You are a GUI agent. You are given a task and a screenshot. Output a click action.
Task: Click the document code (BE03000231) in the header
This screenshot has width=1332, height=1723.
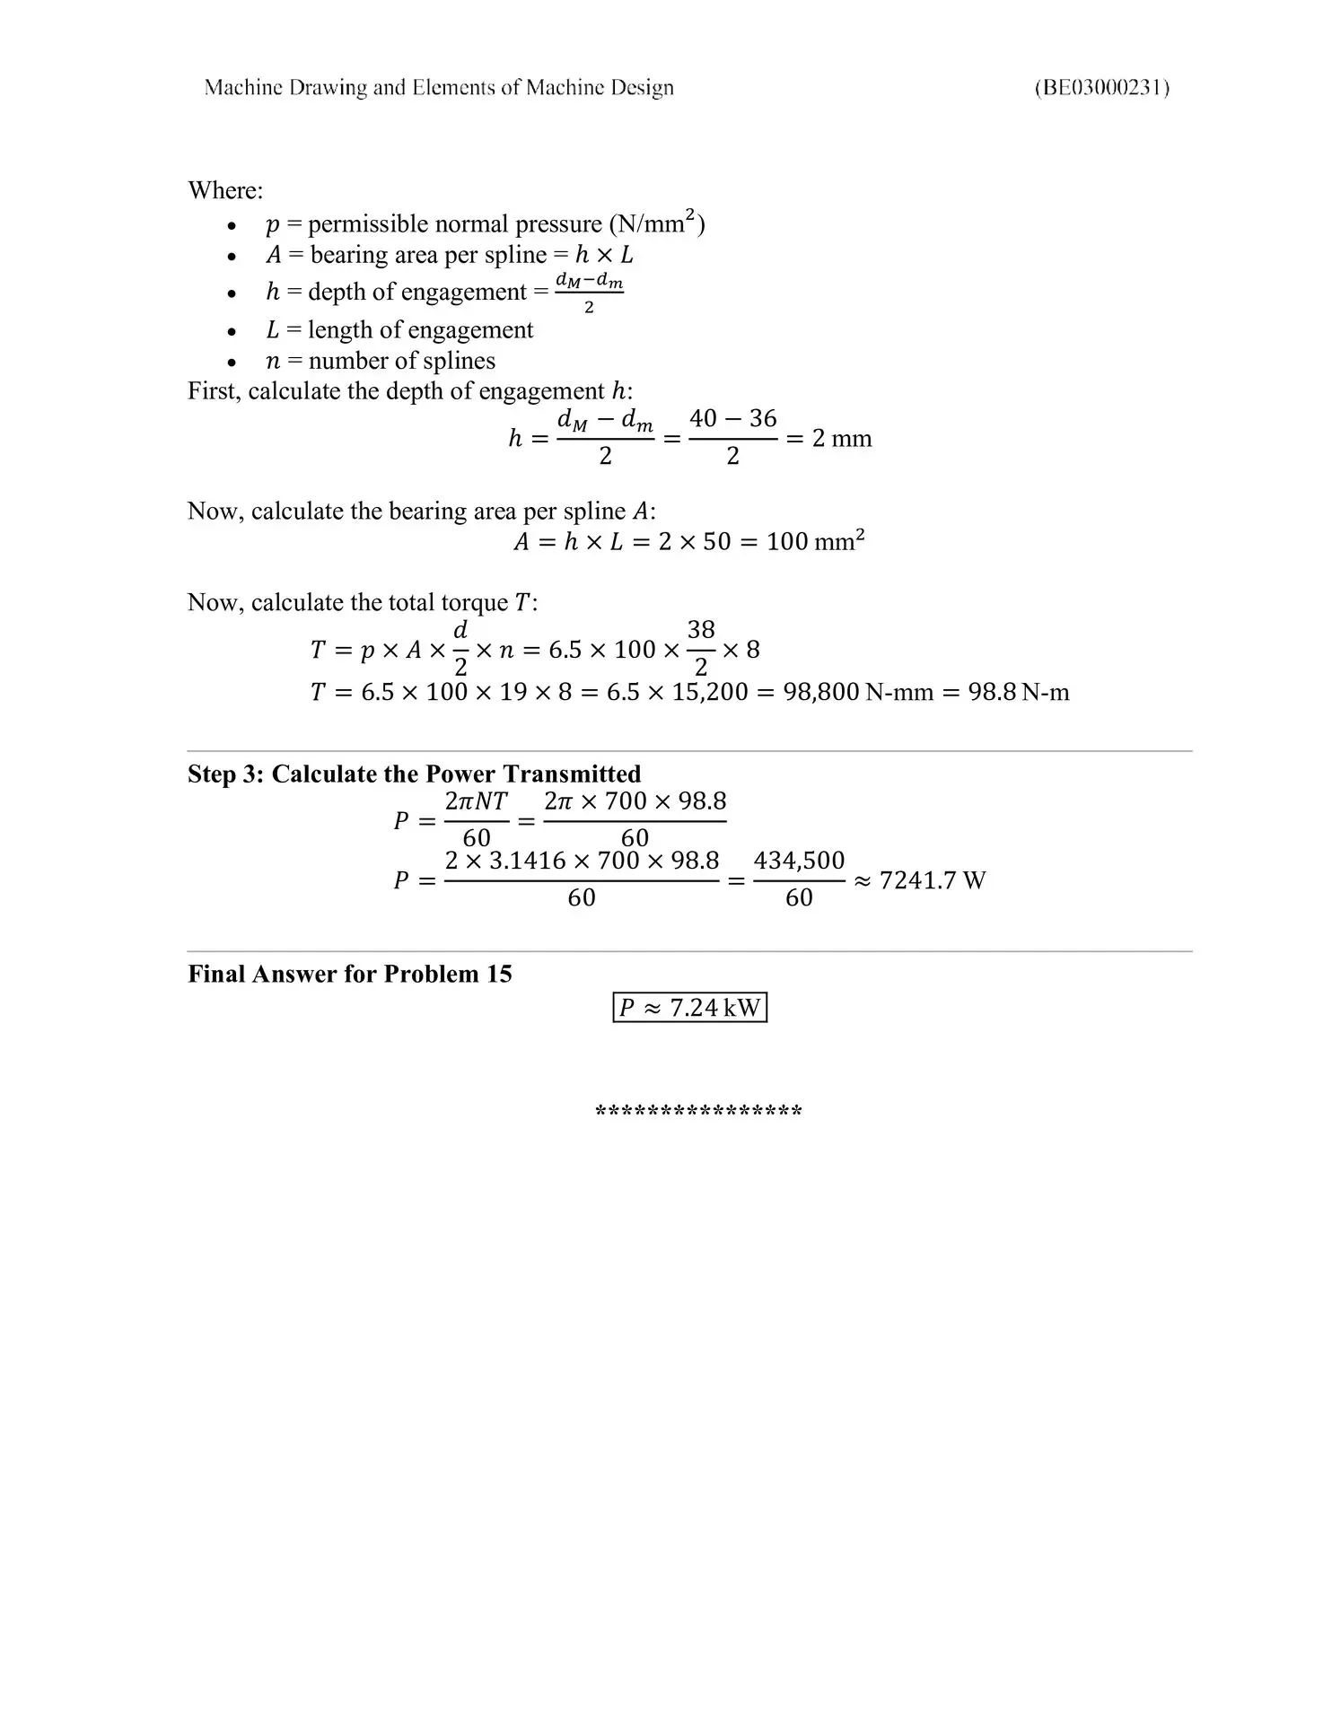[1101, 87]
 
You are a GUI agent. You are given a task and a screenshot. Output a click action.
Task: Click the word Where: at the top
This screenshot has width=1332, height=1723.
[225, 190]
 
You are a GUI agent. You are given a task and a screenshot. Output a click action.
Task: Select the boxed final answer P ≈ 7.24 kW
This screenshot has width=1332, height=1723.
[689, 1007]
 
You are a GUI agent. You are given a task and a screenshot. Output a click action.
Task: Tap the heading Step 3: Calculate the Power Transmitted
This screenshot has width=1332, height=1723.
[414, 774]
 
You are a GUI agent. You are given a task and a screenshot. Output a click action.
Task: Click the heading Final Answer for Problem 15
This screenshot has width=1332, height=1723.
[349, 974]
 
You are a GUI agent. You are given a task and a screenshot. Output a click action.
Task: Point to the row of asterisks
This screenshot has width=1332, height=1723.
[698, 1112]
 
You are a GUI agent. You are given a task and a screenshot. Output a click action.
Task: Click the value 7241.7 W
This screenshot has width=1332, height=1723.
[932, 880]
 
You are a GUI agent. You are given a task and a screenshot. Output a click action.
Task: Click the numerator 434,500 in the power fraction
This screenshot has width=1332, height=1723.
[799, 861]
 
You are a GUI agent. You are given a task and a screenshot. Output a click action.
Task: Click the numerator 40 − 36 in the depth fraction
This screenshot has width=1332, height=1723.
[732, 418]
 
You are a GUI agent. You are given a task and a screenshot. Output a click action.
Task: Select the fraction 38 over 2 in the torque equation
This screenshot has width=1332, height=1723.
[701, 648]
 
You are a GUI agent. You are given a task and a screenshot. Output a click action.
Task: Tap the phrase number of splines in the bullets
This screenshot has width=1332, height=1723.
[401, 361]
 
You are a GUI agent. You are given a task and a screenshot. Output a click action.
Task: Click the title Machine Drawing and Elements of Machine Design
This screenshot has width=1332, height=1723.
[439, 87]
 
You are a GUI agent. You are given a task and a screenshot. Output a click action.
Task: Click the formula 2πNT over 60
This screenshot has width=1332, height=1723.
[476, 819]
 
